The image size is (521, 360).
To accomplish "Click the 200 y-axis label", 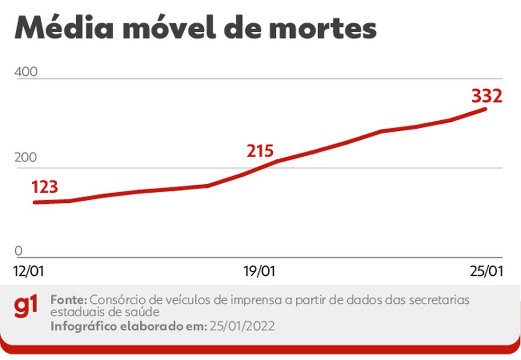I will pyautogui.click(x=25, y=158).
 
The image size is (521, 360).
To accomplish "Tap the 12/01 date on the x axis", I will pyautogui.click(x=29, y=271).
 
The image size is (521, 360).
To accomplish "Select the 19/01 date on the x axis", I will pyautogui.click(x=259, y=271).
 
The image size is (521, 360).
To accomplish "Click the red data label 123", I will pyautogui.click(x=44, y=187).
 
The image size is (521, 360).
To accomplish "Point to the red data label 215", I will pyautogui.click(x=260, y=151).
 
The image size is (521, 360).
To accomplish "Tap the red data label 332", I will pyautogui.click(x=486, y=96).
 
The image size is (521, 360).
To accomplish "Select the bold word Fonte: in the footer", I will pyautogui.click(x=70, y=299).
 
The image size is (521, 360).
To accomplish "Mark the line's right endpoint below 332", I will pyautogui.click(x=486, y=109).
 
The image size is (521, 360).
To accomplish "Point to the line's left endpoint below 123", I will pyautogui.click(x=34, y=202).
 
